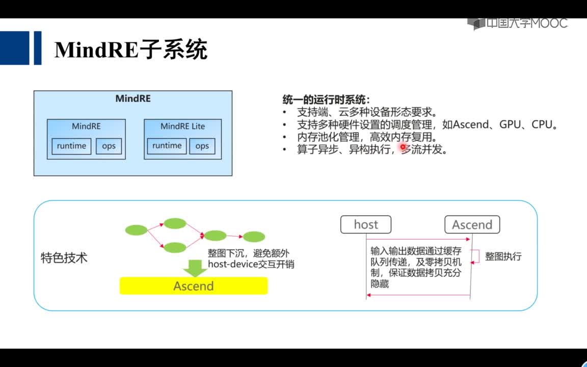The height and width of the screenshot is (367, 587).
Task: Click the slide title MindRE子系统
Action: (x=130, y=50)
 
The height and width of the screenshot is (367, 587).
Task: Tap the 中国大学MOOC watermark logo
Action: (x=517, y=23)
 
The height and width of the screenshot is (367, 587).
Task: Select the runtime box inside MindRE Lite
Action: (x=167, y=146)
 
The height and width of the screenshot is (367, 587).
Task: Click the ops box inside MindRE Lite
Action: (x=202, y=146)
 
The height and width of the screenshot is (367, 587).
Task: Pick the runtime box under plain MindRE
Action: (x=71, y=146)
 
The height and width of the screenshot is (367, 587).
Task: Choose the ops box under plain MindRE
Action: (x=109, y=146)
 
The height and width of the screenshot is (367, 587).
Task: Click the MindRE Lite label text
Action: (x=183, y=126)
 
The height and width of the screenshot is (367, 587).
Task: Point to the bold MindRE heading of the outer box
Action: (x=133, y=98)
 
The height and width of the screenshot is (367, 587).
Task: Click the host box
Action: (x=366, y=224)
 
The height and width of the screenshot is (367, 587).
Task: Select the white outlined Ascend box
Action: (x=472, y=224)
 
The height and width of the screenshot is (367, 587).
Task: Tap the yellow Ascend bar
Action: (x=194, y=286)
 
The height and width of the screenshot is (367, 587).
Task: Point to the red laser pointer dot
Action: (x=403, y=147)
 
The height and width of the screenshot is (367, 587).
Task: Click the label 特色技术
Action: (x=64, y=257)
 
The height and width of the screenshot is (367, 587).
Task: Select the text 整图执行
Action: (x=503, y=256)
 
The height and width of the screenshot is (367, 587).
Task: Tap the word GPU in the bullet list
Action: (x=510, y=124)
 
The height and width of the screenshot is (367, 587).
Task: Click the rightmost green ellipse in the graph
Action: (x=254, y=237)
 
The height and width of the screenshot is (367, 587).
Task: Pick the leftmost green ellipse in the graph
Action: (x=136, y=230)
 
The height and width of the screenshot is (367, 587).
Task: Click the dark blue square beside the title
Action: (x=14, y=48)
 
